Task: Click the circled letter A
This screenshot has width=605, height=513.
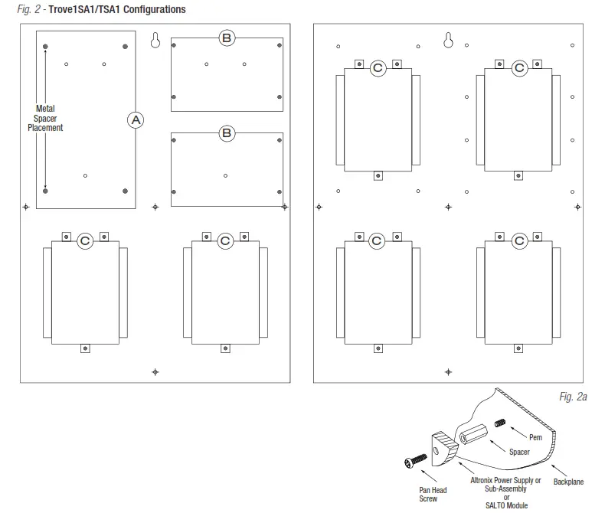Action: (136, 119)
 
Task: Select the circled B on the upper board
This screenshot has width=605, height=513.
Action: (227, 38)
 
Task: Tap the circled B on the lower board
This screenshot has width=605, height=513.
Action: (227, 133)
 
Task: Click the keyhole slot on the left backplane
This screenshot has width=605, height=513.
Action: (155, 41)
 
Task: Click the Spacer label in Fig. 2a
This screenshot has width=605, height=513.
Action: (519, 452)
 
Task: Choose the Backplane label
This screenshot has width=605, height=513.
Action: (568, 482)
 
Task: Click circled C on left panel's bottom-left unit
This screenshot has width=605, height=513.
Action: (85, 240)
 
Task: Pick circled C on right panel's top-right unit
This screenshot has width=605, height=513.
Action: (519, 68)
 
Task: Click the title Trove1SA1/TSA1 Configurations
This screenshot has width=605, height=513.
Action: (116, 10)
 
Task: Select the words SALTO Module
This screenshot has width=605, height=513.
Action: (505, 505)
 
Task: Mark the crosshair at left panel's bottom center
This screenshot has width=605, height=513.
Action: (155, 372)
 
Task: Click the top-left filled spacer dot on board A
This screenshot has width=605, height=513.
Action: (47, 47)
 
